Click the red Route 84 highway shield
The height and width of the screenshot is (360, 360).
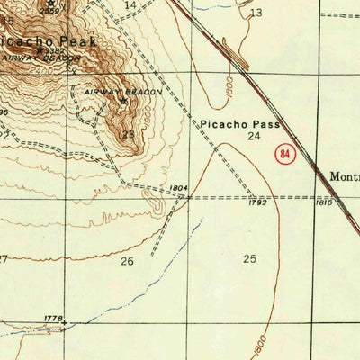[286, 154]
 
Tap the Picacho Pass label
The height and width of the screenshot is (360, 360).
[240, 124]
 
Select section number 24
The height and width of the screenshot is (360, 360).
[254, 137]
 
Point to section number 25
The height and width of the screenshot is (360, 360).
[249, 259]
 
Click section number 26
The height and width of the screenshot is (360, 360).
[127, 262]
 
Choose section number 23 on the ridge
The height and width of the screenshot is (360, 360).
[129, 134]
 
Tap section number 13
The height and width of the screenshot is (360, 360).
[256, 13]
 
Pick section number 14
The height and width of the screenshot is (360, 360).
[130, 5]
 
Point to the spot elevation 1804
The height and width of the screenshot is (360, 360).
[177, 188]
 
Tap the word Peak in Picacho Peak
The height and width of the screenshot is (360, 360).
[78, 42]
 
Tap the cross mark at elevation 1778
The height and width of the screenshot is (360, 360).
[64, 321]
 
